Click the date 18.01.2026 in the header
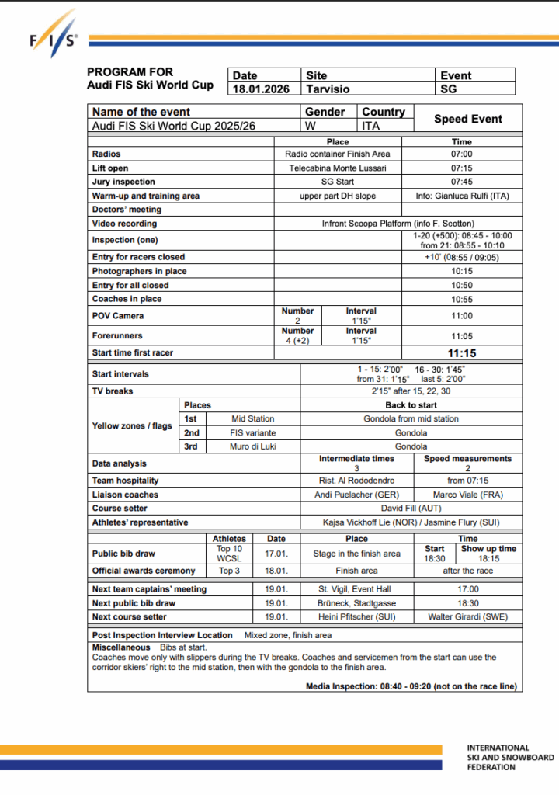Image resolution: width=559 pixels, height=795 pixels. click(261, 89)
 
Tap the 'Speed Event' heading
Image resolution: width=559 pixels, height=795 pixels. click(467, 119)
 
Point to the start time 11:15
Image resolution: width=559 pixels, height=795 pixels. click(461, 353)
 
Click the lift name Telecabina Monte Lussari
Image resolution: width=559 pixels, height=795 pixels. click(338, 168)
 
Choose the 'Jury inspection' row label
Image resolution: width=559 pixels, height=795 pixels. click(123, 182)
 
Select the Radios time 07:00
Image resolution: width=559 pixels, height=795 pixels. click(461, 154)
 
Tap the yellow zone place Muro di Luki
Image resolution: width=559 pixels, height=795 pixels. click(253, 446)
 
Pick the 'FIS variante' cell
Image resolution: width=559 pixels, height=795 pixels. click(253, 432)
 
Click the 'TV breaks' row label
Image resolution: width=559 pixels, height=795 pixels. click(113, 391)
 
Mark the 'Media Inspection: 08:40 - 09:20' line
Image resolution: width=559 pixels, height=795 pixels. click(411, 686)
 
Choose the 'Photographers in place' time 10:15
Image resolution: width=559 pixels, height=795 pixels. click(461, 271)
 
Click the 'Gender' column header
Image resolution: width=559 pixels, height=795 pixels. click(325, 112)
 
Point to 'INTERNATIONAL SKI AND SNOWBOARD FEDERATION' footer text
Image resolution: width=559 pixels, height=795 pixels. click(510, 758)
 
